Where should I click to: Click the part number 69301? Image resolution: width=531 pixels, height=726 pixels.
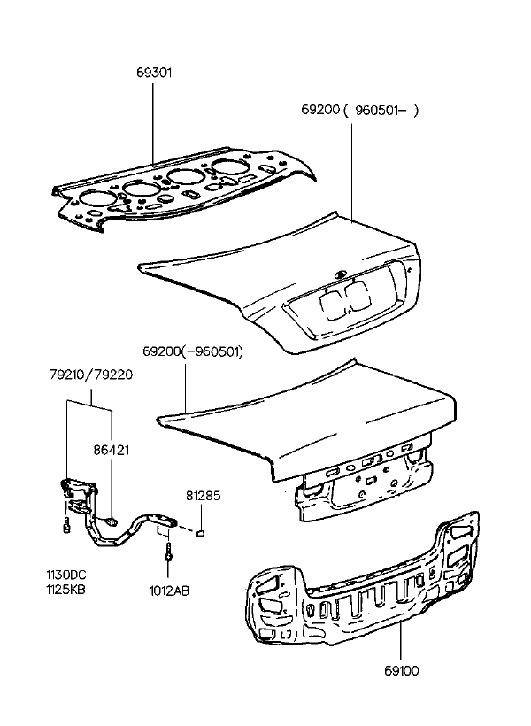coord(154,73)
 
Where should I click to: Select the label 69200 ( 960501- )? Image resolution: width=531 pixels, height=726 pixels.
coord(359,110)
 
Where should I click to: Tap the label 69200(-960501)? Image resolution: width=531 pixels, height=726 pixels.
coord(193,351)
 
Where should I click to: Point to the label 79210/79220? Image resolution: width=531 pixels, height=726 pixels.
coord(91,375)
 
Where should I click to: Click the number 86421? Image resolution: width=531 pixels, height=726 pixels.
coord(112,450)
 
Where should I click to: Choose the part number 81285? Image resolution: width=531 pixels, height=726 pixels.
coord(204,496)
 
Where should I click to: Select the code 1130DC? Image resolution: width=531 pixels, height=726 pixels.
coord(66,575)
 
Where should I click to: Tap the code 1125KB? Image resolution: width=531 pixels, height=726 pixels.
coord(65,590)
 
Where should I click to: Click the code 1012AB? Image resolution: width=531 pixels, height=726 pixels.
coord(169,591)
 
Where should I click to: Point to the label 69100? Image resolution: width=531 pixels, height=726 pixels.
coord(402,670)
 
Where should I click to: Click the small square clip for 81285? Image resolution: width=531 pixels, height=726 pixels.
coord(201,533)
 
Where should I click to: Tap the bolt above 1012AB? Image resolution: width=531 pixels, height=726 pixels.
coord(167,552)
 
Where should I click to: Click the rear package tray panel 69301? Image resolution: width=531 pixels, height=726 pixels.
coord(185,185)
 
